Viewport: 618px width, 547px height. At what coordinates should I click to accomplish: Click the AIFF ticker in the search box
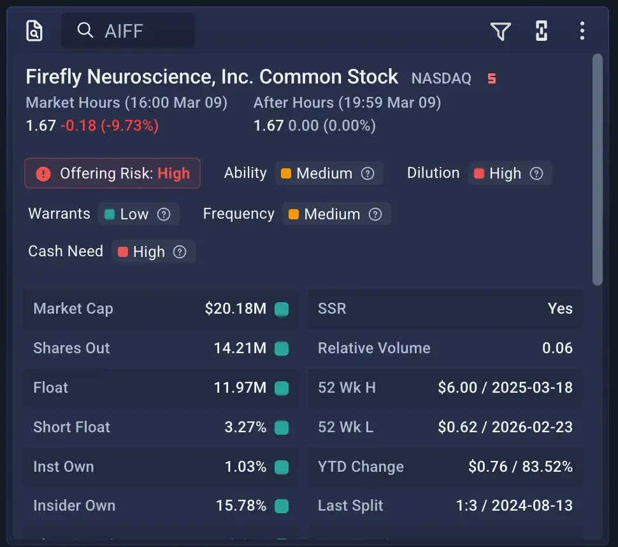pos(124,31)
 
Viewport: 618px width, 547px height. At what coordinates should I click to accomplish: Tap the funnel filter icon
pos(500,31)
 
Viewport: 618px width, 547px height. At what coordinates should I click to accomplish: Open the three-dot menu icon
pos(582,31)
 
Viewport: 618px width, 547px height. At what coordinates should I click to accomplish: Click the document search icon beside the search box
pos(34,31)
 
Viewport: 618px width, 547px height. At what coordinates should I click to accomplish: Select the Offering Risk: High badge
pos(113,173)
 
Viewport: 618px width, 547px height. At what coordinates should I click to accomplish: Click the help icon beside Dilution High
pos(536,173)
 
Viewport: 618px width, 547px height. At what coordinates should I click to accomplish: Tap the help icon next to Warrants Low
pos(164,214)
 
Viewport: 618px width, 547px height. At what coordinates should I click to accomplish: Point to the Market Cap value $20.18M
pos(235,309)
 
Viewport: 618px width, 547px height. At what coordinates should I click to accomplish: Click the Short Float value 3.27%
pos(245,427)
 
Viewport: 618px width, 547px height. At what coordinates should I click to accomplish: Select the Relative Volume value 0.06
pos(557,348)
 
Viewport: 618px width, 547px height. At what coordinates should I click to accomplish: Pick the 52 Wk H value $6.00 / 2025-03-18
pos(505,388)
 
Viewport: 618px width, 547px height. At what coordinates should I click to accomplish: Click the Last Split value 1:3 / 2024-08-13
pos(514,506)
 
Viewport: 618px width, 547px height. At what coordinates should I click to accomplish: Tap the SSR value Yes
pos(560,309)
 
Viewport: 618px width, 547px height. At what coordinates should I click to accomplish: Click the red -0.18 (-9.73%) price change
pos(109,126)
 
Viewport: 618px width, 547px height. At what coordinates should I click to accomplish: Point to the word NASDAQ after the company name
pos(441,78)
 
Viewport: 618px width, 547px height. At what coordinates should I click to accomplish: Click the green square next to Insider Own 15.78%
pos(281,506)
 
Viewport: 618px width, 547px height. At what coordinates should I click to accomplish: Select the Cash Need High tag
pos(149,252)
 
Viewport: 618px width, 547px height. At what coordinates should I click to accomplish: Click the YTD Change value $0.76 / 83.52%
pos(520,467)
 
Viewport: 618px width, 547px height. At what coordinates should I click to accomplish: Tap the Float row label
pos(50,388)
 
